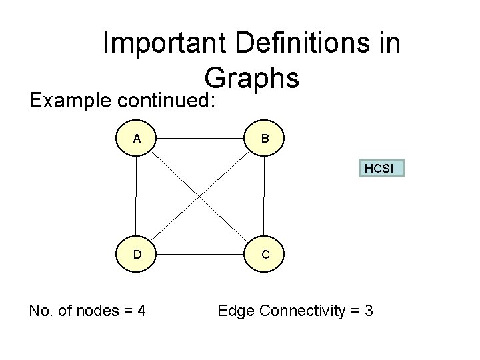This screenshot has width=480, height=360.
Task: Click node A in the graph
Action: [137, 139]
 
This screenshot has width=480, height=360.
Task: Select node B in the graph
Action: [265, 139]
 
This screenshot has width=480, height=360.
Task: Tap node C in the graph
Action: [265, 254]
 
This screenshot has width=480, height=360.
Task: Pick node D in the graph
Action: [137, 254]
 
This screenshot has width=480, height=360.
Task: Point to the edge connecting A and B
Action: [201, 139]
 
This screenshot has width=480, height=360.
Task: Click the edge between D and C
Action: [201, 254]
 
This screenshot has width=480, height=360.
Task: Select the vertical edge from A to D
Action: [136, 197]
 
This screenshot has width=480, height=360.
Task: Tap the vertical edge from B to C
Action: [265, 197]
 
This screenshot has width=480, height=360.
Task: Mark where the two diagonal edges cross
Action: [201, 197]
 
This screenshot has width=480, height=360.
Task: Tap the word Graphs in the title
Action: [251, 79]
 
